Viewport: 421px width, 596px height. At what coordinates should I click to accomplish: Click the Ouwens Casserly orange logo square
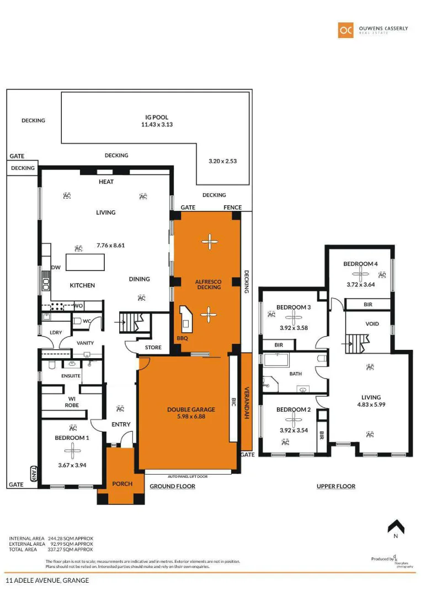click(345, 30)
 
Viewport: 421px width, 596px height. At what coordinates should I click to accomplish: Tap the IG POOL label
click(157, 118)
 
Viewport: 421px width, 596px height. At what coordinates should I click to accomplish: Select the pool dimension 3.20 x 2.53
click(222, 161)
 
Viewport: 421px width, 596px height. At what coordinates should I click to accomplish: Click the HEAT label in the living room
click(106, 182)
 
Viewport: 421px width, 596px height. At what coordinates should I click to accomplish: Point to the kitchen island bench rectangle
click(85, 262)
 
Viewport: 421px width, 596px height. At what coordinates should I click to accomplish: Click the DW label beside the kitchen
click(56, 267)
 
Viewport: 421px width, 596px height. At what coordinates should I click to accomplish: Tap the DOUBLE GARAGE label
click(190, 409)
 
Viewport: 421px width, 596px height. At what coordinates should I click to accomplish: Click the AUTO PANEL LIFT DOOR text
click(188, 476)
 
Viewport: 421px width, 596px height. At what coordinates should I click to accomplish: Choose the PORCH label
click(122, 484)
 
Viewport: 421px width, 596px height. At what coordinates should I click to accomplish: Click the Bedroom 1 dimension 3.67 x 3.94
click(72, 465)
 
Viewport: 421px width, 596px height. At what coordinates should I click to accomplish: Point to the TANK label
click(34, 474)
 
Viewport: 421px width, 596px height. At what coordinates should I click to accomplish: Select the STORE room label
click(153, 348)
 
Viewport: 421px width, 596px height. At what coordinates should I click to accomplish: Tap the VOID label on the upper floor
click(372, 324)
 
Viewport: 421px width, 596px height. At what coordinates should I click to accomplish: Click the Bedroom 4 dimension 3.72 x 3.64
click(361, 285)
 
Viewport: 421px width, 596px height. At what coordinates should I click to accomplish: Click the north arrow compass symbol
click(396, 527)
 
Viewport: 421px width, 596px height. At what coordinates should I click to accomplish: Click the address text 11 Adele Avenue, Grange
click(47, 581)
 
